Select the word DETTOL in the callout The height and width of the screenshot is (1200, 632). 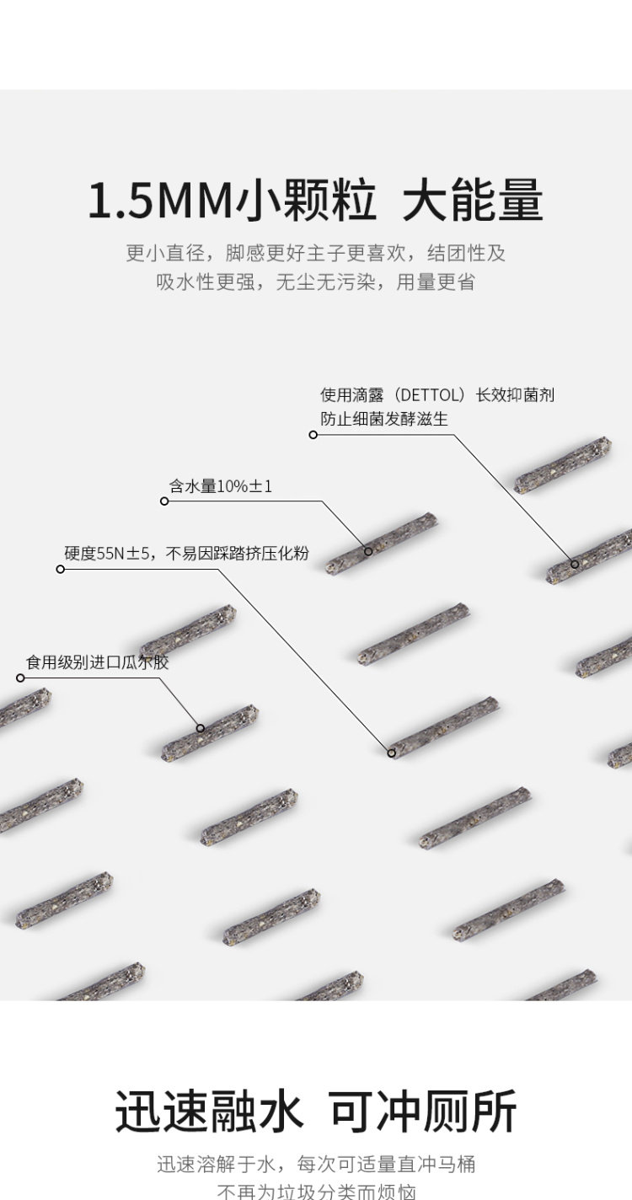point(430,395)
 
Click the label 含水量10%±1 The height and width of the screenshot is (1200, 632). point(221,486)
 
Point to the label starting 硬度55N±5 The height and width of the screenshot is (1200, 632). point(186,554)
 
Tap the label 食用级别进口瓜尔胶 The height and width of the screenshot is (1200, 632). point(98,662)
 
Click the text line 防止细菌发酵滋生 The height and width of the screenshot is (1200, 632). point(384,419)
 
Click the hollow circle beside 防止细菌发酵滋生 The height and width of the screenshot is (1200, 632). point(313,435)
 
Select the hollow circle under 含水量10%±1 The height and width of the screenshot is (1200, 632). point(164,501)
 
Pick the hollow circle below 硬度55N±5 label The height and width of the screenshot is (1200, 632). point(60,569)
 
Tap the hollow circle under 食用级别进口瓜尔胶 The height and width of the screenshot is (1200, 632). point(21,678)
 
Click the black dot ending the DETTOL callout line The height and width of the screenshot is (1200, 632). point(575,564)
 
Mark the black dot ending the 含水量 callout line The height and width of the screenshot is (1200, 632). point(368,551)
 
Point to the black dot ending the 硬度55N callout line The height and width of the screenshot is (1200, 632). point(392,753)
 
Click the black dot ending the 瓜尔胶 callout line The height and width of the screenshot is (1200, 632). point(201,728)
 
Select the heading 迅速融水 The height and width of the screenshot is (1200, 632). point(209,1112)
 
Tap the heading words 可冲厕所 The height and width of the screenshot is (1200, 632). point(423,1112)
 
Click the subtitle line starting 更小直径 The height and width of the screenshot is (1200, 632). point(315,253)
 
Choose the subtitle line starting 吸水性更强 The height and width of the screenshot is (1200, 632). point(315,282)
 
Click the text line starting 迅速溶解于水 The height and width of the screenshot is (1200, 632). point(315,1165)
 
